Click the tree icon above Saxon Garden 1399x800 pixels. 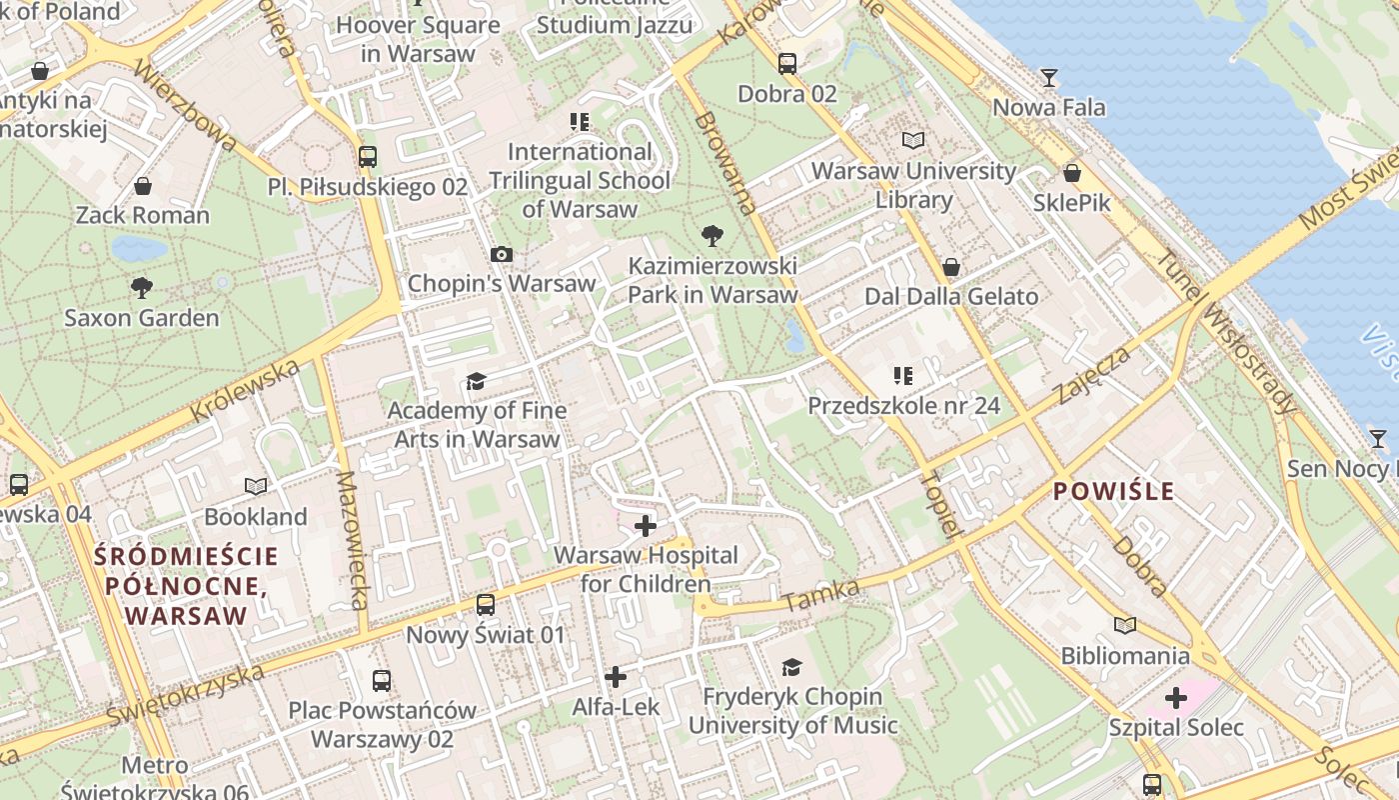(142, 288)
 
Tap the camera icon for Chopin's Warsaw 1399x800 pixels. (502, 255)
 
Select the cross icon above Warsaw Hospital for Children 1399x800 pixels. (646, 525)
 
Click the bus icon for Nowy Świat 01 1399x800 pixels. (485, 604)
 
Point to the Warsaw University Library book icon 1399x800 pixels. (912, 141)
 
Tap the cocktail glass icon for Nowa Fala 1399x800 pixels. (1048, 77)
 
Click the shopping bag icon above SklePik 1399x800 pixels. (1071, 173)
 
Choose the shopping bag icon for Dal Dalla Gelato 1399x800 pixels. (951, 267)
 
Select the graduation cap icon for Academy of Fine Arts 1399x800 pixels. (476, 381)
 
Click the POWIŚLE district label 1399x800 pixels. (1113, 491)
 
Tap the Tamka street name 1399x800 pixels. (821, 596)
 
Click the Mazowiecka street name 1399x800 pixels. (353, 540)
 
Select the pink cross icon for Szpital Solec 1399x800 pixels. (1176, 697)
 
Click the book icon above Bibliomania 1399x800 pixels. (1125, 626)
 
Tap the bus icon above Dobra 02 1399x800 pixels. (787, 64)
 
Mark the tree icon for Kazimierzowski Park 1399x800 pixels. (712, 236)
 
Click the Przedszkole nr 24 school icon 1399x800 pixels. (903, 376)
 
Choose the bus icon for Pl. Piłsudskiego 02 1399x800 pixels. (368, 157)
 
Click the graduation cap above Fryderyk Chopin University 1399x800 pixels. (791, 667)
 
